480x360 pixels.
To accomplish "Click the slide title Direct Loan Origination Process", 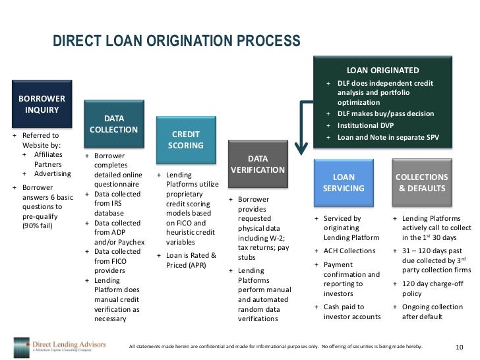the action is [x=176, y=41].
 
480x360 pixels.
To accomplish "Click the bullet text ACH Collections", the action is [x=349, y=251].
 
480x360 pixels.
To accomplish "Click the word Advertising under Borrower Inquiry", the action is [x=53, y=173].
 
